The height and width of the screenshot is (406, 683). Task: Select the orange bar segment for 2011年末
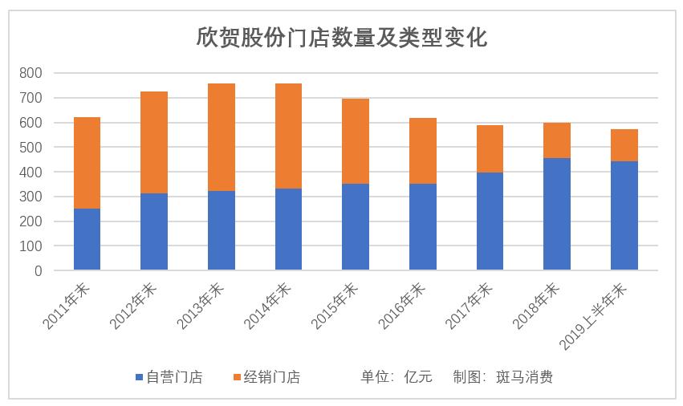point(87,163)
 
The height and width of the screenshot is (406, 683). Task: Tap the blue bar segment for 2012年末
point(154,232)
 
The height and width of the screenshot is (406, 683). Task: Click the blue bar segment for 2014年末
point(288,229)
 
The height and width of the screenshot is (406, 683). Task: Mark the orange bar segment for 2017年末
point(490,149)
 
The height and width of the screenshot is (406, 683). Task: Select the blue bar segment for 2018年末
point(557,214)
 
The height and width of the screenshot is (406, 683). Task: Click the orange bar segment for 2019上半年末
point(624,145)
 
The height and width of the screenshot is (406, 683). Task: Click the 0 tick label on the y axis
point(37,271)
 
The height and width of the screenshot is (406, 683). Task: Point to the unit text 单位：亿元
point(396,377)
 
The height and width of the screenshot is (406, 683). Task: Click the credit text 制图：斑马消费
point(502,377)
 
